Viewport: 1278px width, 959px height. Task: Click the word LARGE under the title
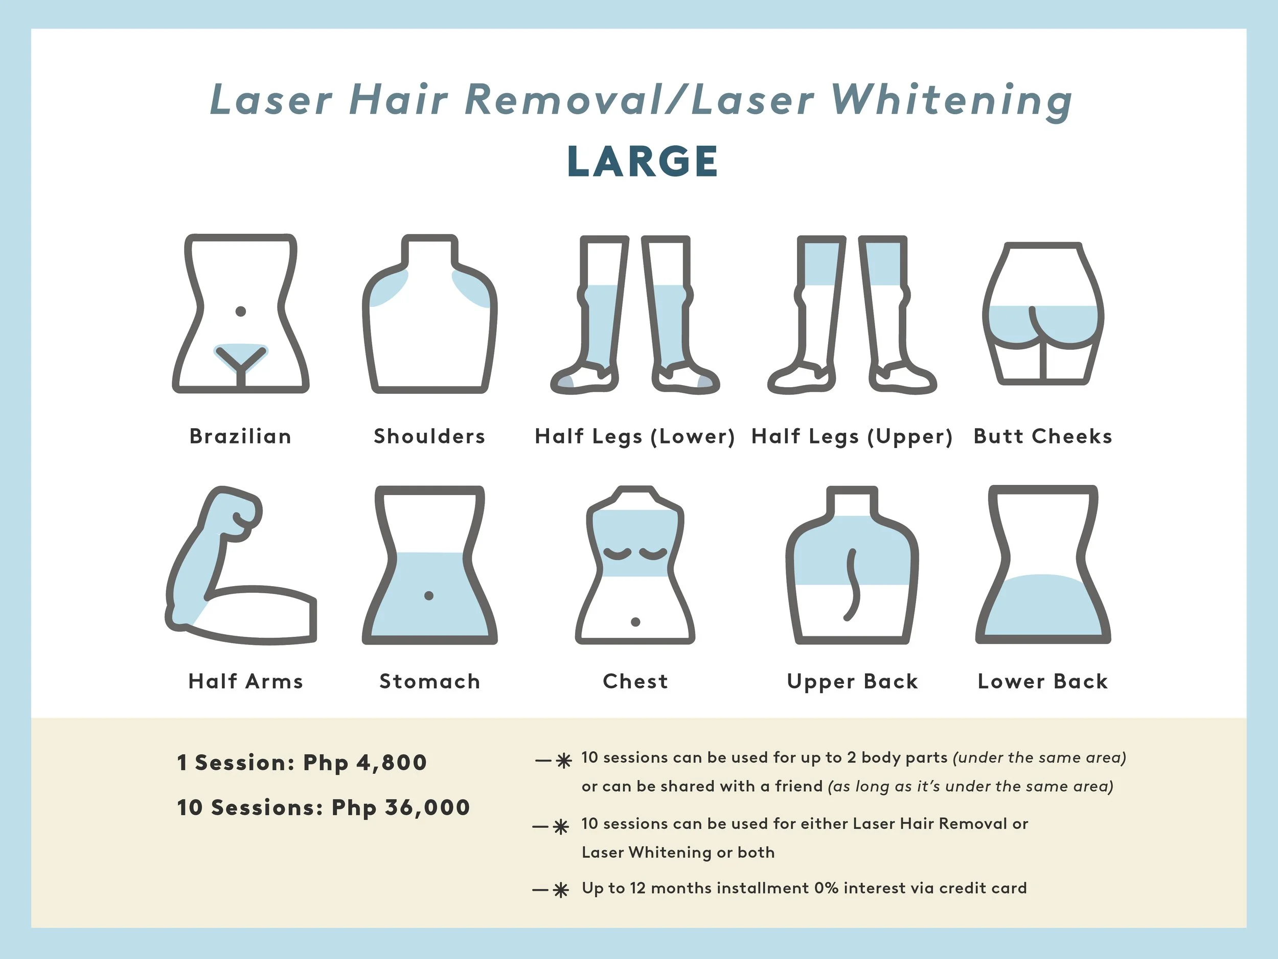[643, 161]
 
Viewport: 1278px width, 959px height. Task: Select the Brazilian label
[240, 436]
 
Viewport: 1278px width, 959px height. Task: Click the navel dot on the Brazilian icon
[241, 311]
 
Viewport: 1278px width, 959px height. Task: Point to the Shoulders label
[429, 436]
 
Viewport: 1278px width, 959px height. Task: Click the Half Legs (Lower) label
[634, 436]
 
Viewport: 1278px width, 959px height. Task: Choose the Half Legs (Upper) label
[852, 436]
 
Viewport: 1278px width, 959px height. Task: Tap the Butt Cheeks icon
[1043, 315]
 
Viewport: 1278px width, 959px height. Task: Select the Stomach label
[429, 682]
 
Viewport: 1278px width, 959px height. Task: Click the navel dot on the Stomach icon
[429, 595]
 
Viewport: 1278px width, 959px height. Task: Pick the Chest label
[635, 682]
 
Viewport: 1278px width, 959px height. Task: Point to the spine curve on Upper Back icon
[851, 584]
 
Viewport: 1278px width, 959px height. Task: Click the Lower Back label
[1042, 682]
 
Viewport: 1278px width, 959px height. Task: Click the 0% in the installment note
[826, 888]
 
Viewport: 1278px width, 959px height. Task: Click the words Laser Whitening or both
[678, 853]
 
